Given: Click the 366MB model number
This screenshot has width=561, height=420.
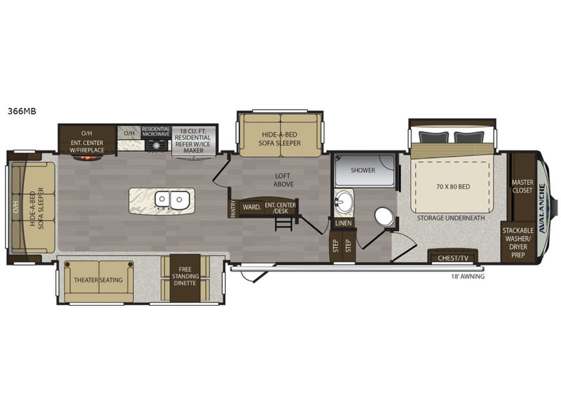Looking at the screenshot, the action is coord(22,111).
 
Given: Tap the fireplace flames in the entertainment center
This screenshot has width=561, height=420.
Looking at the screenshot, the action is coord(86,157).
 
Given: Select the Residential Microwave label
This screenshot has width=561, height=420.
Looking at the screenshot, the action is coord(156,132).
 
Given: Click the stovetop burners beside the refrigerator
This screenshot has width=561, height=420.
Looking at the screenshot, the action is coord(156,145).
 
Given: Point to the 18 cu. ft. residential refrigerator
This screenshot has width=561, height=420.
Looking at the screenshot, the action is coord(194,141).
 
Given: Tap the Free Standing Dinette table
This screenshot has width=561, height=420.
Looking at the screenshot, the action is coord(185,278).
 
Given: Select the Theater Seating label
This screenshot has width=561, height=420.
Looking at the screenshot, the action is coord(98,280).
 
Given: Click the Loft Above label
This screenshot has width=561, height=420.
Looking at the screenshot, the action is coord(283,180).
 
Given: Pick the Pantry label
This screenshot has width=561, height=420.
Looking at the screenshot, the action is coord(233,209).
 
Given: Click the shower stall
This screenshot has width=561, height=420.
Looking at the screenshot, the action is coord(364,169).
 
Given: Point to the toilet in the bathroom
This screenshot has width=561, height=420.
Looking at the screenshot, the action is coord(384,216).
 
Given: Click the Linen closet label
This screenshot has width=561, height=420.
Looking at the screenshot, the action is coord(344,223).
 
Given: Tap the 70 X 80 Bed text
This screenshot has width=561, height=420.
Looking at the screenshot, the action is coord(453,186).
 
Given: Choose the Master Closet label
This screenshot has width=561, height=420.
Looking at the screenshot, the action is coord(522,186).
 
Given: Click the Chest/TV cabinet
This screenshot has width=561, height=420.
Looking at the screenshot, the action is coord(453,256).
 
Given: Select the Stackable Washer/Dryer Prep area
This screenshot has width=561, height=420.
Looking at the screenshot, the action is coord(518,242).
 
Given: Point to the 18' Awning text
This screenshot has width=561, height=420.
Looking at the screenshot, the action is coord(468,276).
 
